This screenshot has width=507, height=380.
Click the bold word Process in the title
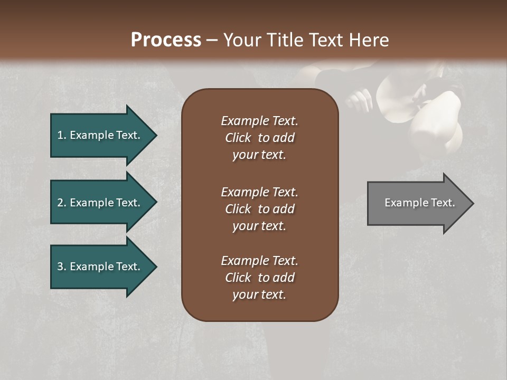(166, 40)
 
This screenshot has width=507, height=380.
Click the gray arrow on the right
(417, 203)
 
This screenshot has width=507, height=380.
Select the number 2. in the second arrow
(62, 203)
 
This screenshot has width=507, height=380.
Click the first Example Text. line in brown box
(259, 121)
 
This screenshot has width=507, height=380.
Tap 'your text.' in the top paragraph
(259, 155)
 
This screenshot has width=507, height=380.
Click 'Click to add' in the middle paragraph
(259, 209)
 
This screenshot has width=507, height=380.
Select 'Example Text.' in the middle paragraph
(259, 192)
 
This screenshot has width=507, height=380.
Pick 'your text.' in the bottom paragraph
(259, 294)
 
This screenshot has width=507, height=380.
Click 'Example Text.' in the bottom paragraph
(259, 261)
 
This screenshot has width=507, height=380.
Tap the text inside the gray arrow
(419, 203)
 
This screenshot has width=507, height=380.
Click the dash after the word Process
(212, 41)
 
